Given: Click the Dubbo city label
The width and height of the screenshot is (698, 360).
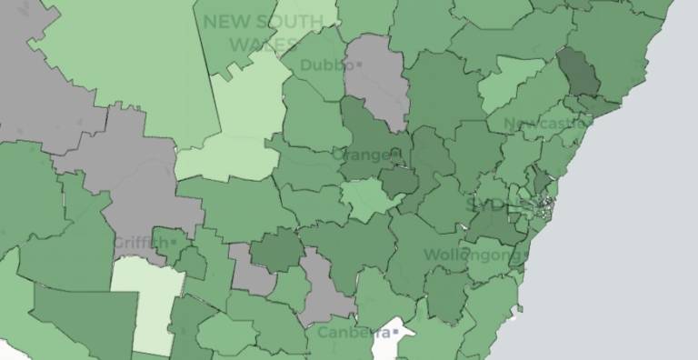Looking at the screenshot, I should tap(326, 65).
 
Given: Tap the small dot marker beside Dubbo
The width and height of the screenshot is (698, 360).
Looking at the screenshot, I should tap(359, 65).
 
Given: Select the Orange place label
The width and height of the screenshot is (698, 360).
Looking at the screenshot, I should tap(364, 155).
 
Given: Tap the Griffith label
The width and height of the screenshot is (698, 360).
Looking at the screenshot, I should tap(140, 243).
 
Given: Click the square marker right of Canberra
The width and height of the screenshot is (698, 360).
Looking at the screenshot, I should tap(396, 333).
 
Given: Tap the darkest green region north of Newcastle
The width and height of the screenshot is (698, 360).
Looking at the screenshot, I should tap(579, 75).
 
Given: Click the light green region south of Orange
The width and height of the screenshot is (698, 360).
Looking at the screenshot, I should tap(369, 198).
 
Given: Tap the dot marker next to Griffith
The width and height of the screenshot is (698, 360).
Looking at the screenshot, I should tap(173, 243).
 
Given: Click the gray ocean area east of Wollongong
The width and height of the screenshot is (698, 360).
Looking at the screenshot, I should tap(618, 264).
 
